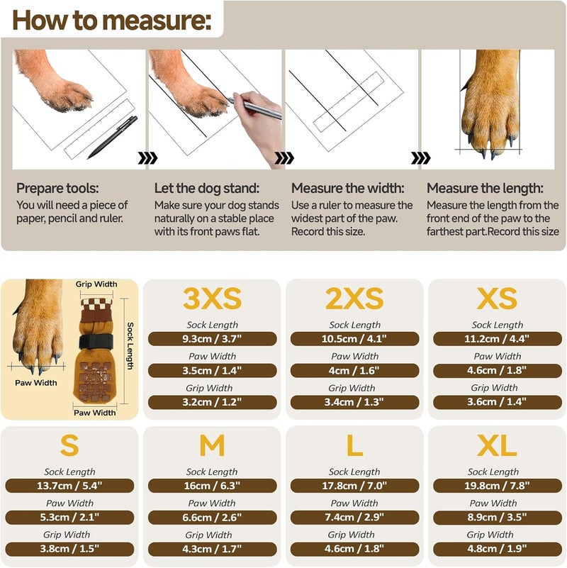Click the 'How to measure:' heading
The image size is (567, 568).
[x=111, y=21]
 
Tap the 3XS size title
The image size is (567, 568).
[x=212, y=299]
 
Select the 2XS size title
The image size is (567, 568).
[x=354, y=299]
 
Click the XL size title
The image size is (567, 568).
[x=497, y=445]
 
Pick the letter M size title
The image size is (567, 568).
[x=212, y=445]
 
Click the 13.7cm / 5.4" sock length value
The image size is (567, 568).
[x=69, y=486]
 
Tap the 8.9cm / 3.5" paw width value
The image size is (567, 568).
[x=497, y=517]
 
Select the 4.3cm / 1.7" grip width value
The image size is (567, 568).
[x=212, y=549]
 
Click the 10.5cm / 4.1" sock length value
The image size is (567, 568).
[x=354, y=339]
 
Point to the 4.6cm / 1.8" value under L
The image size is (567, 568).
[x=354, y=549]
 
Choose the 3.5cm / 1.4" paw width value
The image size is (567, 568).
[x=212, y=371]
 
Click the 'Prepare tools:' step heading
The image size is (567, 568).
[x=57, y=189]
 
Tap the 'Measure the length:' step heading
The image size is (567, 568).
[x=485, y=189]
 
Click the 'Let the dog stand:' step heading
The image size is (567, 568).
[x=207, y=189]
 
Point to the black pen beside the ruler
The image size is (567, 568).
[x=112, y=138]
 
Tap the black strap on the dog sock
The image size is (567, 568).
[x=96, y=341]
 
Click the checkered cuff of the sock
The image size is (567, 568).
[x=96, y=304]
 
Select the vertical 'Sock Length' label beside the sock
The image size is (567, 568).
[x=130, y=346]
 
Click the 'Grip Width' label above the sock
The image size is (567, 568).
[x=96, y=284]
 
